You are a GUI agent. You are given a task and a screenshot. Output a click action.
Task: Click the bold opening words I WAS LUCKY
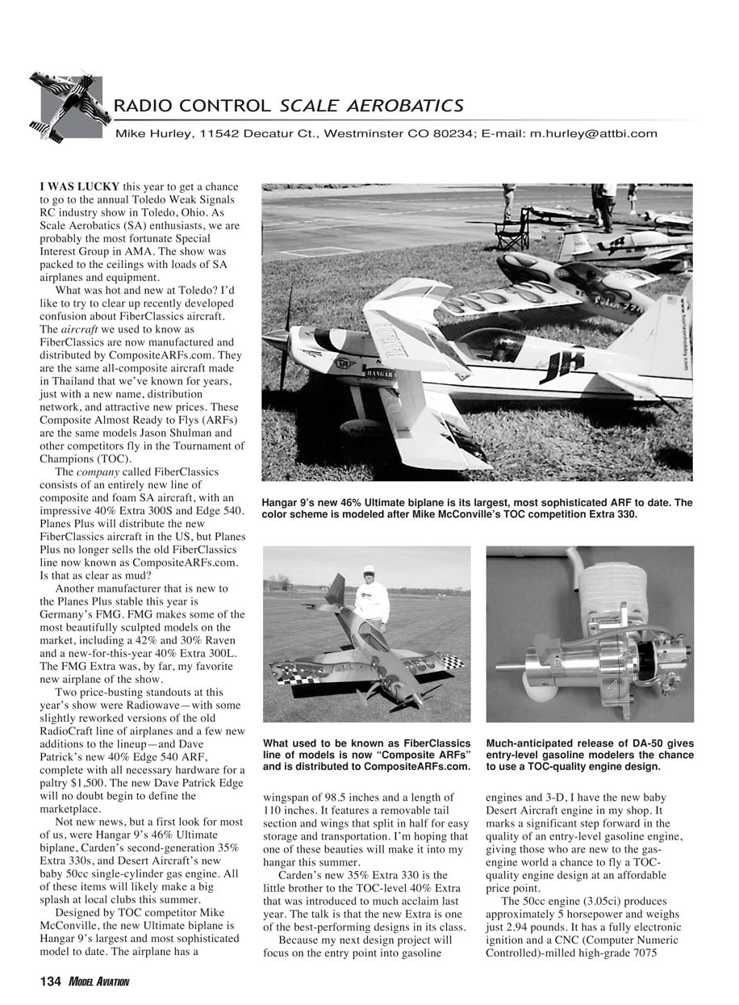point(80,186)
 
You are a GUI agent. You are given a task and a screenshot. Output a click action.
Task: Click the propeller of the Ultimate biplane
point(284,339)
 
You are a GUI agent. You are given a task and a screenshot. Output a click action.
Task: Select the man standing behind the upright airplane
point(372,597)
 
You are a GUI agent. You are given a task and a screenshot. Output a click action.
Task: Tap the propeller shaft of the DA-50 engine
point(510,667)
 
